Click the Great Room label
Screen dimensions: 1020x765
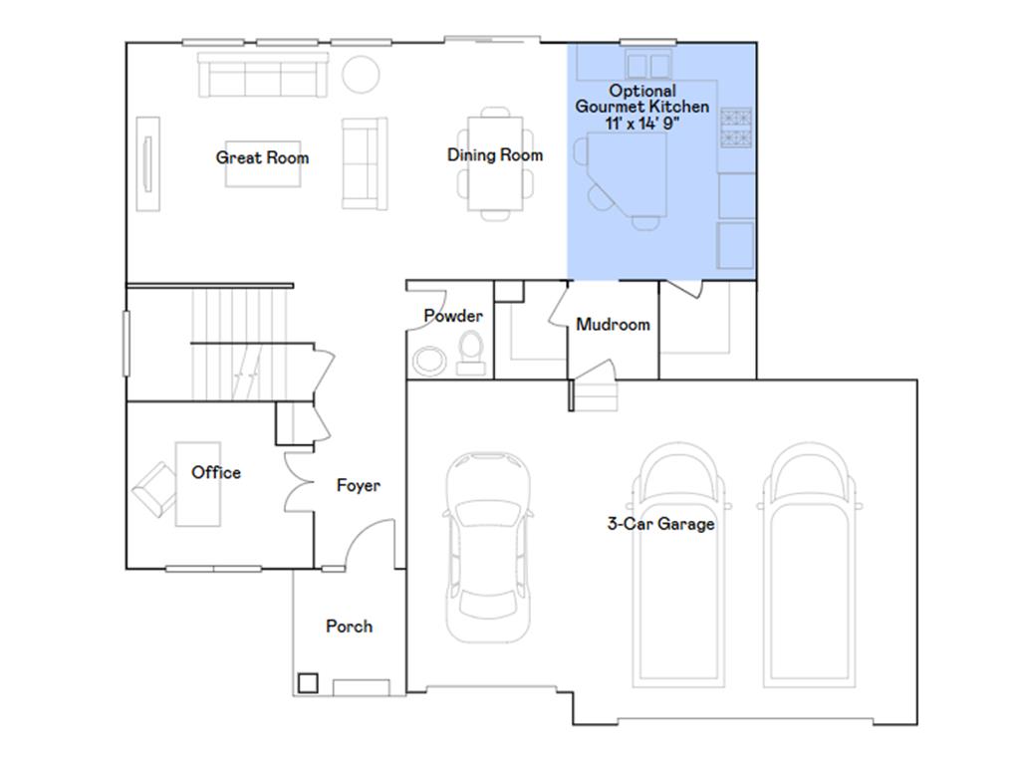(x=262, y=157)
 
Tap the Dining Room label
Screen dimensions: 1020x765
(x=495, y=154)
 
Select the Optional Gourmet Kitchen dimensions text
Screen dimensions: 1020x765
(x=642, y=123)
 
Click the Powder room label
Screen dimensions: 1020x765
(x=453, y=316)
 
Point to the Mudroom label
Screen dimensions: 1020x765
(x=613, y=324)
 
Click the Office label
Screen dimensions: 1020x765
(x=216, y=472)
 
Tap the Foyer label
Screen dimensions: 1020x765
(x=359, y=485)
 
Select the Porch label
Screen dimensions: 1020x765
(x=350, y=626)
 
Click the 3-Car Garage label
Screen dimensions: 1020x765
(x=661, y=524)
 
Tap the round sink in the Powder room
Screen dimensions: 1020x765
(x=430, y=361)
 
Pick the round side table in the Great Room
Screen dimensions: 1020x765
(x=361, y=74)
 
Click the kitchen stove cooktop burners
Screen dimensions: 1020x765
(x=736, y=127)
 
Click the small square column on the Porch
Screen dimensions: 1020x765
(x=308, y=682)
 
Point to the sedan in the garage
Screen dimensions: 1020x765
(x=488, y=547)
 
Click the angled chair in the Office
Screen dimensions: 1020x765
(x=154, y=489)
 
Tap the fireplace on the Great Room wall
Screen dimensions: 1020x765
(x=147, y=164)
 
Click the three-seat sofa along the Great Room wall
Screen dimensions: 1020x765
(x=263, y=76)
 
